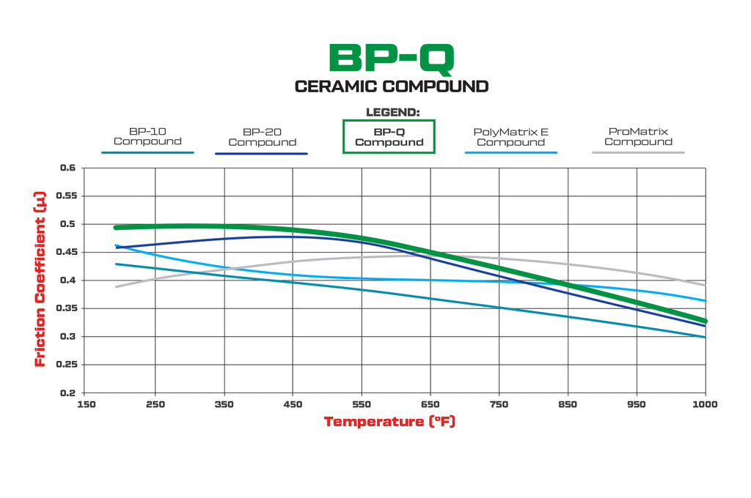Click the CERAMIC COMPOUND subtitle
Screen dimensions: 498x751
(x=392, y=86)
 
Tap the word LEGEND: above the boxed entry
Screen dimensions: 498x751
(x=392, y=112)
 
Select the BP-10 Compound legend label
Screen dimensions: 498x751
(x=147, y=136)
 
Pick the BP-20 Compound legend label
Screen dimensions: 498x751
(x=262, y=137)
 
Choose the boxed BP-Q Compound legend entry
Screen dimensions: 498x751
(x=389, y=137)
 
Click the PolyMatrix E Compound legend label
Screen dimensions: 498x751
(x=510, y=137)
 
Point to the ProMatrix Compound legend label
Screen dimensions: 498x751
(x=638, y=136)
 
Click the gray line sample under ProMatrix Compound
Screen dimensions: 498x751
(x=638, y=152)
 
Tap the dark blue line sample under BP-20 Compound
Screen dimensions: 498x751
(x=261, y=153)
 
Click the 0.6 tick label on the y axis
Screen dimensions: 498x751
(x=67, y=168)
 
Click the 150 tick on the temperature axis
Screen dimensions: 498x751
(x=86, y=404)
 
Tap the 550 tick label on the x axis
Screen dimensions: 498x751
(x=362, y=404)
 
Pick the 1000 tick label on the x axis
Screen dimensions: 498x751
(x=705, y=404)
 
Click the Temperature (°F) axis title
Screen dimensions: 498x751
(x=389, y=422)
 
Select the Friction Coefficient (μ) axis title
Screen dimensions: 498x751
(x=40, y=280)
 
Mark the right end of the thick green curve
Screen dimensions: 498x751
(x=704, y=321)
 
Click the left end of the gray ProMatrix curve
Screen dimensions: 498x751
(x=117, y=286)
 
